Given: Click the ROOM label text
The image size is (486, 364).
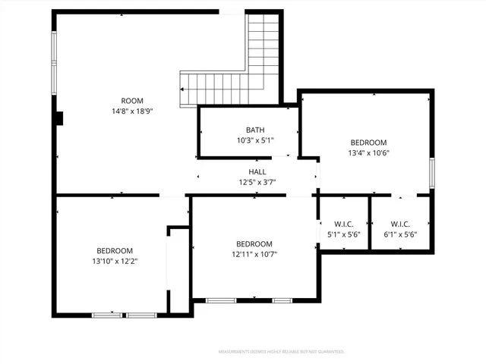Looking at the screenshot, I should (132, 101).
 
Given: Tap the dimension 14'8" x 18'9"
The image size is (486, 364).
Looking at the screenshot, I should (132, 111).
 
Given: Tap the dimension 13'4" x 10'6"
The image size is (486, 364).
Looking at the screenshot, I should (368, 152).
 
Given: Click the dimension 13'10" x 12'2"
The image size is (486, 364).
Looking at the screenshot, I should (115, 261).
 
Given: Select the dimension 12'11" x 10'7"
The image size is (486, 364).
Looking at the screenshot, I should (254, 253).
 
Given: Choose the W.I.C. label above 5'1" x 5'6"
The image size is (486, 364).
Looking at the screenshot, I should (344, 224).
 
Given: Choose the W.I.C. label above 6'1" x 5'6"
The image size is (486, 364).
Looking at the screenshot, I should (400, 224).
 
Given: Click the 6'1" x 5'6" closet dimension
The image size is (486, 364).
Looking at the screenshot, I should (400, 234).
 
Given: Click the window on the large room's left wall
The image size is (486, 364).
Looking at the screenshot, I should (53, 61).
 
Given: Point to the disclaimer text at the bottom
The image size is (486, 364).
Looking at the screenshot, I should (282, 352).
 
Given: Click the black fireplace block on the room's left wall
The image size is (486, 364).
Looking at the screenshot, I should (59, 118).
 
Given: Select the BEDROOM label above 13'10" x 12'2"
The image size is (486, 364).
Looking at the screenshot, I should (115, 251).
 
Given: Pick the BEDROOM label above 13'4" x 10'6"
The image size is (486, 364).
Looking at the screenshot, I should (368, 143).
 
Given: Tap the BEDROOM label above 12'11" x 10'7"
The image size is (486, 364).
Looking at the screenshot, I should (254, 243).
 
